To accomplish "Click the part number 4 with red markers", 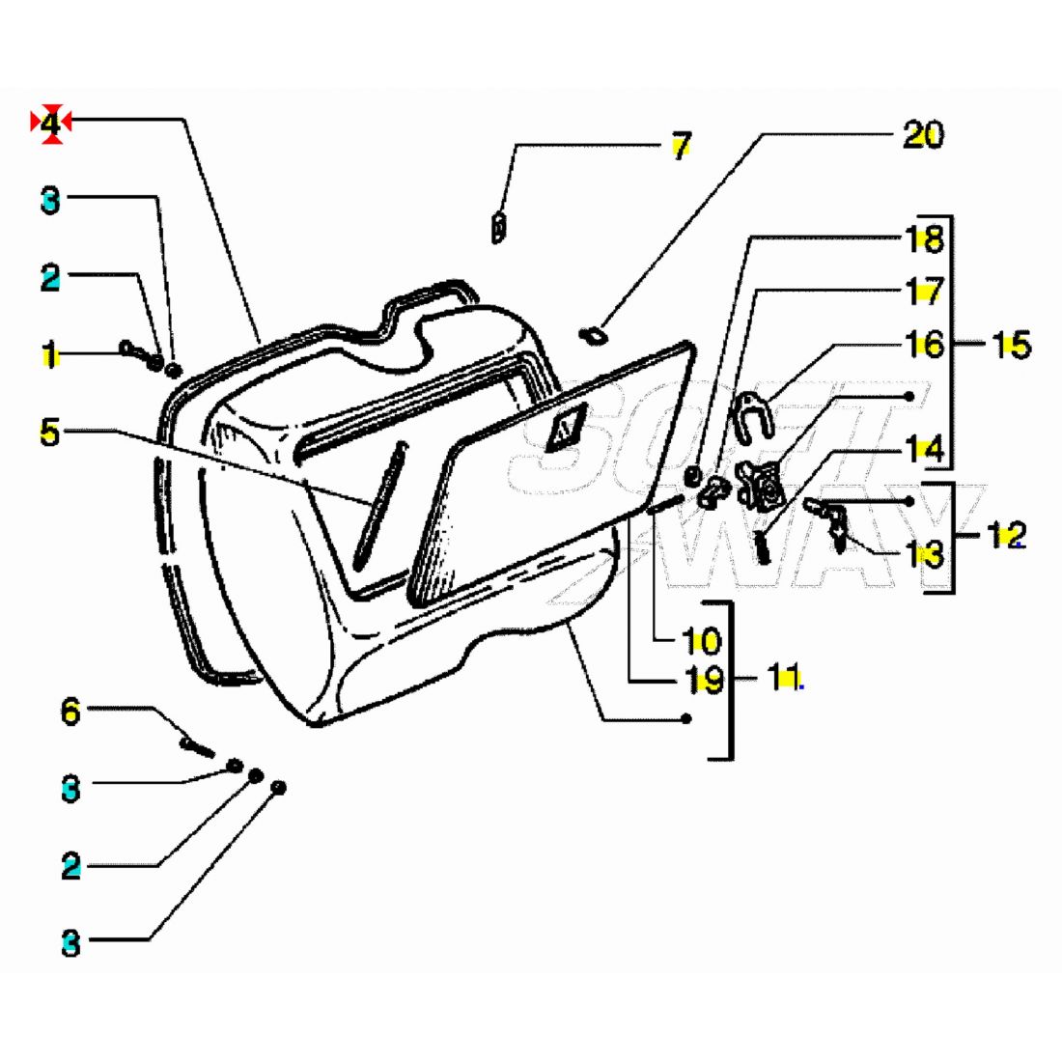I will (x=51, y=124).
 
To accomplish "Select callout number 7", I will (x=682, y=147).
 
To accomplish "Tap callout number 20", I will (x=922, y=135).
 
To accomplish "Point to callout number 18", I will (x=924, y=238).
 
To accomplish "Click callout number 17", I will (x=924, y=291).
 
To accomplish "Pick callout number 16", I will (x=924, y=344).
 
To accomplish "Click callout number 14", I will (x=924, y=449).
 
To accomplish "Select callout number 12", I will (x=1005, y=534).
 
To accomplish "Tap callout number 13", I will (x=924, y=554).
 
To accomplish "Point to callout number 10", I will (x=702, y=640).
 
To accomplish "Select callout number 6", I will (x=70, y=713).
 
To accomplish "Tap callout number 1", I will (x=49, y=354).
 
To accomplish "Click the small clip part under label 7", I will (x=499, y=228).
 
